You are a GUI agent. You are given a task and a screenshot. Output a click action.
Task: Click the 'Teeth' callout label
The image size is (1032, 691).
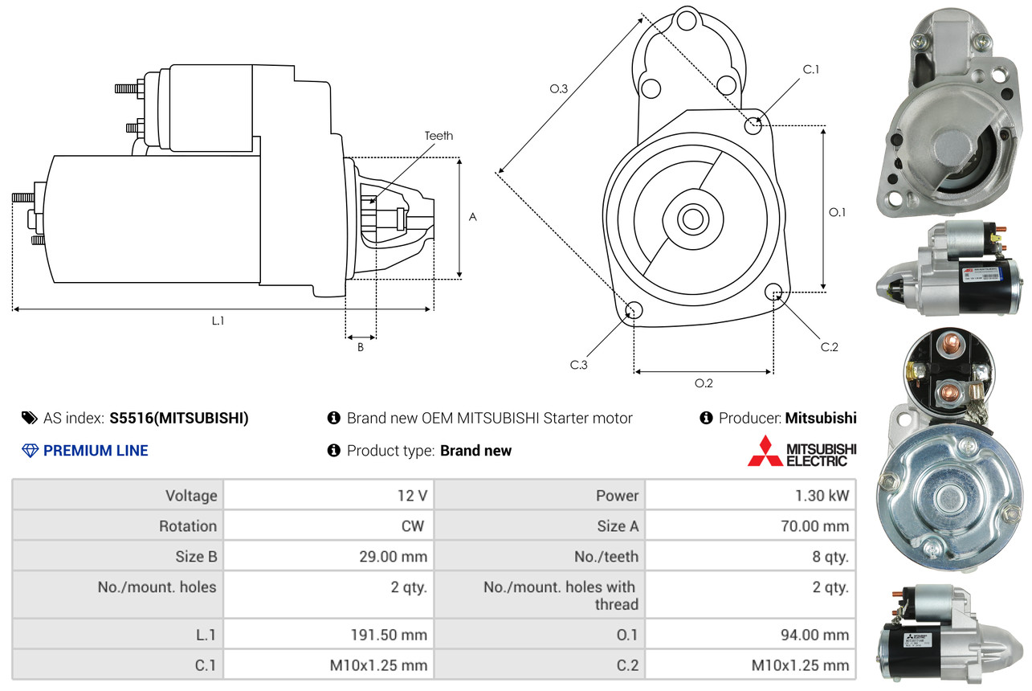(x=438, y=136)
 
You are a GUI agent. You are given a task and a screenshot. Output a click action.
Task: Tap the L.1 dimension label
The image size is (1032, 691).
(x=218, y=321)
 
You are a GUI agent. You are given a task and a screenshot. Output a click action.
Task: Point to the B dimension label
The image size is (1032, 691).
(x=361, y=348)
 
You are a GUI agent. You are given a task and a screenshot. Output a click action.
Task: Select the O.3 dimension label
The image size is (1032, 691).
(x=559, y=89)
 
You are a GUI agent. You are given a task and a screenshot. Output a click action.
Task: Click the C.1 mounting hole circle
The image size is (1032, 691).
(x=753, y=125)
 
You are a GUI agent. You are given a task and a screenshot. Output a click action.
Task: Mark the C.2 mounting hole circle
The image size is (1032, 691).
(x=774, y=292)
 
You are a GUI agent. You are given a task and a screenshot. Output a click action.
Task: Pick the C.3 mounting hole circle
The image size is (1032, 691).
(x=634, y=311)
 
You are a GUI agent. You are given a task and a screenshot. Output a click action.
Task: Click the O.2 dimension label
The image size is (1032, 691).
(x=704, y=383)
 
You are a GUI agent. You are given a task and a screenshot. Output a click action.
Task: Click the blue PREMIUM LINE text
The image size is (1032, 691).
(x=96, y=451)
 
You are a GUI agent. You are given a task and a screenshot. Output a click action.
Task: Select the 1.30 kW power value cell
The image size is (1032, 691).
(x=822, y=496)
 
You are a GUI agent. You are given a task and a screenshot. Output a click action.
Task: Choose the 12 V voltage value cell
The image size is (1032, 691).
(x=411, y=496)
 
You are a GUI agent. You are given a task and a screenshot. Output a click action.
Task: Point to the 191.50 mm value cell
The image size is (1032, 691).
(x=389, y=635)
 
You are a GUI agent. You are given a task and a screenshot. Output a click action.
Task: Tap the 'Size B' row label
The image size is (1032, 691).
(x=196, y=556)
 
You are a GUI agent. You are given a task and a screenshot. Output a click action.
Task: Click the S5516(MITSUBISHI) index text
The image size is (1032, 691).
(x=179, y=418)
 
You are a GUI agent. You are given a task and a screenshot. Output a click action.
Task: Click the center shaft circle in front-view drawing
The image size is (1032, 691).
(x=690, y=218)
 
